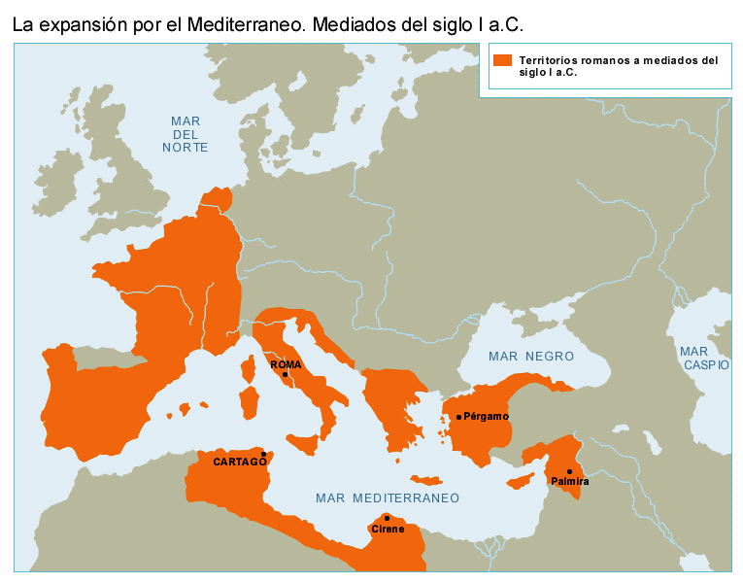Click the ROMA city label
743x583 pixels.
pos(286,365)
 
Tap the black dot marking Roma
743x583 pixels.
pos(285,374)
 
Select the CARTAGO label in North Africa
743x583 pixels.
pos(240,463)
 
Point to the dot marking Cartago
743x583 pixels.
pos(263,454)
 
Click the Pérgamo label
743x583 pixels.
pos(486,417)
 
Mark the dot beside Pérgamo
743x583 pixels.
pos(458,417)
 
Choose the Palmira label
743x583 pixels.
pos(569,482)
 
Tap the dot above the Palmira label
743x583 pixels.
pos(569,471)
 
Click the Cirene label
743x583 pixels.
pos(387,530)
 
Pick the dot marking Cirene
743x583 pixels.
pos(388,518)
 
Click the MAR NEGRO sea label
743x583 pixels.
pos(531,357)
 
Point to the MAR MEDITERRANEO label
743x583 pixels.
pos(387,497)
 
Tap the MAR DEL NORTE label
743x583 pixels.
pos(185,133)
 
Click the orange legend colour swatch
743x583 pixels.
pos(501,60)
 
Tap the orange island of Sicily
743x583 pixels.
pos(302,443)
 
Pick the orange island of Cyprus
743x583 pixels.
pos(523,481)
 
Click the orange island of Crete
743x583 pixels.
pos(426,479)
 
